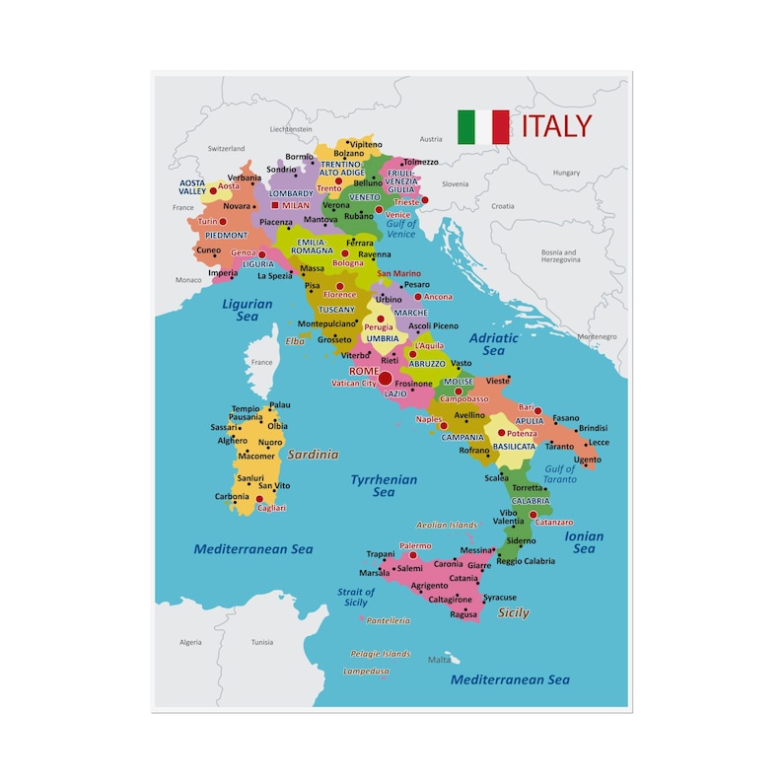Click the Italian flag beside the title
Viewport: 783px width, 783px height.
(483, 127)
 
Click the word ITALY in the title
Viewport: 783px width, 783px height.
(557, 126)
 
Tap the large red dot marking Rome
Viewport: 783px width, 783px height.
(386, 378)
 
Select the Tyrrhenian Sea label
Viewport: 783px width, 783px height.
(384, 486)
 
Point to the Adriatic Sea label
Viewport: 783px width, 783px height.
(493, 344)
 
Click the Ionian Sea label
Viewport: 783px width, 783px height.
(584, 542)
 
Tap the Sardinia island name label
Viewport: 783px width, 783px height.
(313, 455)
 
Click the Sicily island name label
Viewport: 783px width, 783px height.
(513, 612)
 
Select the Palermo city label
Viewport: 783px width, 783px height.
(415, 545)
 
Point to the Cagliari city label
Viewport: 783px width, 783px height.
(270, 508)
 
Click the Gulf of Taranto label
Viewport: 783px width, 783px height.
(559, 474)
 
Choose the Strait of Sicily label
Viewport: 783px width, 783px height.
(356, 598)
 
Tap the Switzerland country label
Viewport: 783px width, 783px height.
(226, 149)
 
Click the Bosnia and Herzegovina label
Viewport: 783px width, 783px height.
(559, 255)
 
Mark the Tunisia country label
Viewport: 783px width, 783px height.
(261, 642)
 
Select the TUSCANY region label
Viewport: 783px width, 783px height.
(336, 310)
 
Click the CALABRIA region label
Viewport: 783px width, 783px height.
(531, 501)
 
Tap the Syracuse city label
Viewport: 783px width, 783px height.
(500, 598)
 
